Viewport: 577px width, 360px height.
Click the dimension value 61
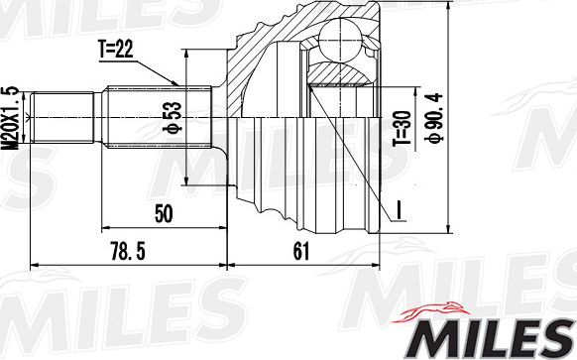[x=300, y=253]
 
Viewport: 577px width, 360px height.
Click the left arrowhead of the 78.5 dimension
[x=36, y=265]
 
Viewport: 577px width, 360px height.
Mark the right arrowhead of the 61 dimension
[x=378, y=265]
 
